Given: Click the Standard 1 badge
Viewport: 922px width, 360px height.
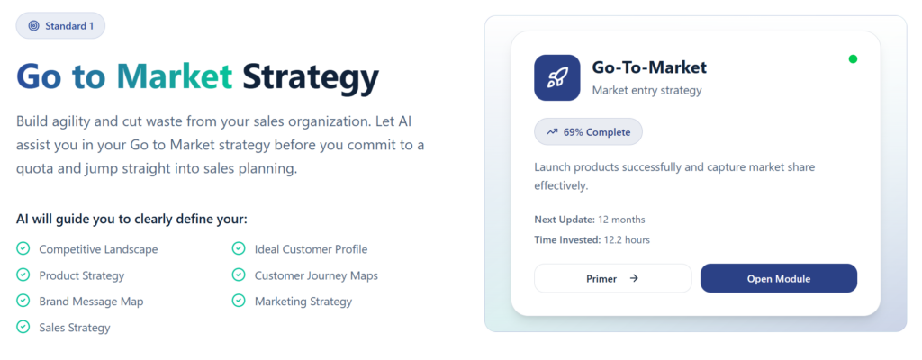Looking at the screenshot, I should (x=60, y=26).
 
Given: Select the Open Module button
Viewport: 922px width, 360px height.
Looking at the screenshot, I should (x=778, y=278).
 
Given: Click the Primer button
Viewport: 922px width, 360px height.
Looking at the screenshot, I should (x=612, y=278).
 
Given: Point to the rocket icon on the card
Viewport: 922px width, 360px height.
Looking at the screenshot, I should (x=556, y=77).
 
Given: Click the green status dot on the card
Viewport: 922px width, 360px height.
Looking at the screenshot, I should (x=853, y=59).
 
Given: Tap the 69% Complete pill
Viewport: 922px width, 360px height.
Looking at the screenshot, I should (x=588, y=132).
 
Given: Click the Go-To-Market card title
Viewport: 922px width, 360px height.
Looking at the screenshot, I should (x=649, y=67).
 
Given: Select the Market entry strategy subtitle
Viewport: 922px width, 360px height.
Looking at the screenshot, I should (x=646, y=90).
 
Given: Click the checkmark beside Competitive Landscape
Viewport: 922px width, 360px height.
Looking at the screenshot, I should (x=23, y=249).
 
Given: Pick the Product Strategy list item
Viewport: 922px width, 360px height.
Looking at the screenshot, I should (x=81, y=275).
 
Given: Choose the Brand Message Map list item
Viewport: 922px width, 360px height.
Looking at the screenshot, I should (x=91, y=301).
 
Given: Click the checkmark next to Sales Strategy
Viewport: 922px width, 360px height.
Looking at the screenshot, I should (x=23, y=328).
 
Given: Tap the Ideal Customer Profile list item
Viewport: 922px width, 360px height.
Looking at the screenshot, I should (x=311, y=249).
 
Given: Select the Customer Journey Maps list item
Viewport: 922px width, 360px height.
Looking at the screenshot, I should (x=316, y=275).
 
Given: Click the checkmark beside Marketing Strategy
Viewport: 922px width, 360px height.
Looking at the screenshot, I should (x=239, y=301).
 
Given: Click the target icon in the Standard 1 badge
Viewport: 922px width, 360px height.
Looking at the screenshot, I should (x=33, y=26).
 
